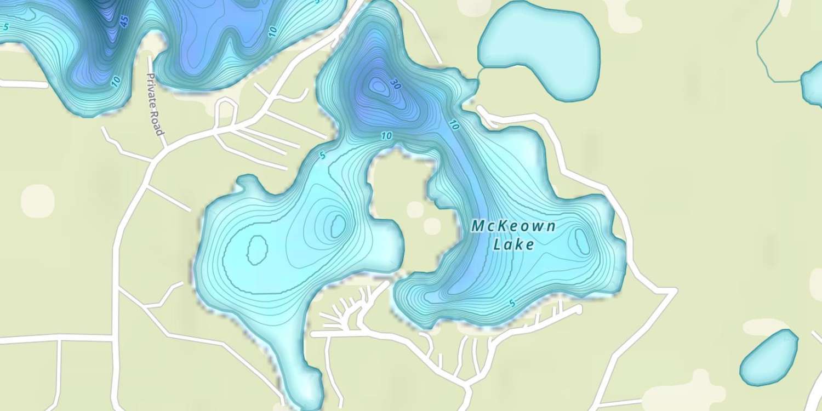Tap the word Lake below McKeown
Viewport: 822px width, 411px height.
[x=513, y=244]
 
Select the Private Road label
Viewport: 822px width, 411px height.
[x=155, y=104]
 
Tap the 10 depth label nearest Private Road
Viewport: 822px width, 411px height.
[x=116, y=82]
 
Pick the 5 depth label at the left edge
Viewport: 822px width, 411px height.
[x=6, y=26]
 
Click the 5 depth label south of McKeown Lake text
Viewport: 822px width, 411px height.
[x=512, y=304]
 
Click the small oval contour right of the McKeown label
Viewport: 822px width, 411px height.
[x=581, y=241]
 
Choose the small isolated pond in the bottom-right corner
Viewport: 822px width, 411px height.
[x=769, y=357]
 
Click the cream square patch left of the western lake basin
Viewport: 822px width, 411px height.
[x=38, y=200]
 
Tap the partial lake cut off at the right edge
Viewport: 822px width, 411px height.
[x=813, y=85]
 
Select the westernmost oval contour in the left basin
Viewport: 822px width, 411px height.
[x=257, y=250]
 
